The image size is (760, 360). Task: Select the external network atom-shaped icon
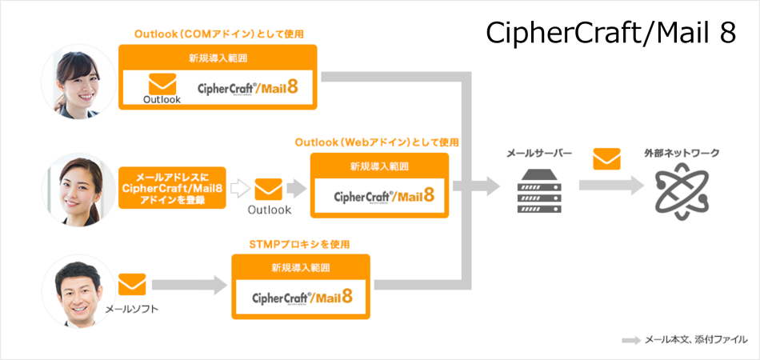click(682, 191)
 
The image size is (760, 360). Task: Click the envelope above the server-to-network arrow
click(606, 159)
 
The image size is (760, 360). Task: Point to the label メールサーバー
click(539, 154)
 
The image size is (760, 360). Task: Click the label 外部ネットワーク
click(682, 154)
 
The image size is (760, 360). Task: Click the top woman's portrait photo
click(78, 82)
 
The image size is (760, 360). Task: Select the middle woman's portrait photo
click(78, 190)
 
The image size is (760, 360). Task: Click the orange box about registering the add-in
click(172, 187)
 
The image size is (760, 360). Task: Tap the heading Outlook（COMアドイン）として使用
click(219, 34)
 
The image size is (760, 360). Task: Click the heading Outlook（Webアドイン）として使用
click(377, 142)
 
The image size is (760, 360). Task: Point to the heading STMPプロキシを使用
click(299, 244)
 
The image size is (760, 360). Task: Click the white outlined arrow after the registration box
click(238, 189)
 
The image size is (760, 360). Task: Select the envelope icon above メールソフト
click(132, 284)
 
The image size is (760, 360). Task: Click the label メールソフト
click(132, 309)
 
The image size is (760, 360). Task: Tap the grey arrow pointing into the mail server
click(477, 186)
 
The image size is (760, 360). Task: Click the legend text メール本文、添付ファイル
click(696, 340)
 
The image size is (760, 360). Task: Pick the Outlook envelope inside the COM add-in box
click(162, 84)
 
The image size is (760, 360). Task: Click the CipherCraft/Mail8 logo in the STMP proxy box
click(302, 297)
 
